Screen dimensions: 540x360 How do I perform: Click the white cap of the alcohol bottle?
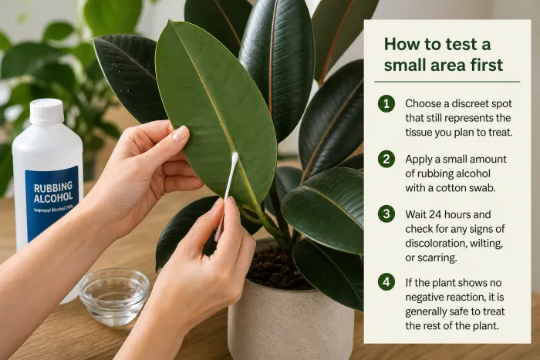point(46,112)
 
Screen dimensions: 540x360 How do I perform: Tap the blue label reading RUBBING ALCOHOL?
point(52,202)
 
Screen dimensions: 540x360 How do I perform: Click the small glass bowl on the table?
point(114,296)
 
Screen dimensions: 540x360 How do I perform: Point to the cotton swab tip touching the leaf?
point(235,159)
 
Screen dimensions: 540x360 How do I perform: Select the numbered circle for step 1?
point(386,103)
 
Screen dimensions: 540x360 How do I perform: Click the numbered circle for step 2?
point(386,159)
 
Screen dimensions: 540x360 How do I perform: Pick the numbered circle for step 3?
point(386,214)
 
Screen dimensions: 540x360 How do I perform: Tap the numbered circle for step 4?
point(386,282)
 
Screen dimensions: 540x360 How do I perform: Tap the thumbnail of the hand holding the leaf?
point(181,133)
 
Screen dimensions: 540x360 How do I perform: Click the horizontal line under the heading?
point(447,82)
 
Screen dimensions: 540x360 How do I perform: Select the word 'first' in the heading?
point(487,66)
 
